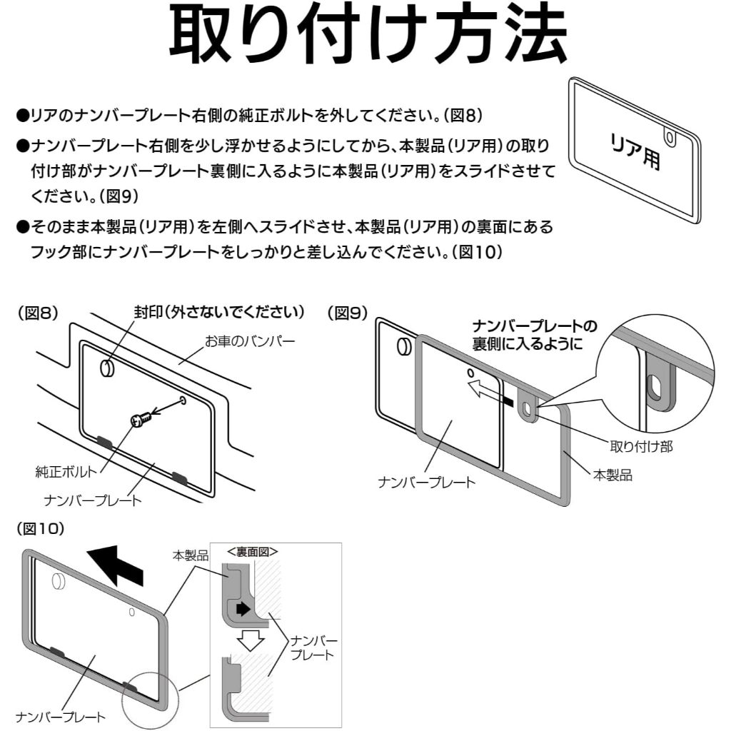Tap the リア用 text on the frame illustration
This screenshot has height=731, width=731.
pos(635,151)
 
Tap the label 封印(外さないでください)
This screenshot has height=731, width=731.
pos(219,313)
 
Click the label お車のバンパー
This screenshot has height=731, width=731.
pos(250,343)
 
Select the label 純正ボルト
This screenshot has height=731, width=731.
pos(66,473)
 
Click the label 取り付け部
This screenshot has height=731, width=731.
pos(640,447)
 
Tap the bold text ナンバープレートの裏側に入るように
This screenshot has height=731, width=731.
pos(535,335)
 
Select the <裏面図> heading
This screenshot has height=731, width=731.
pos(252,552)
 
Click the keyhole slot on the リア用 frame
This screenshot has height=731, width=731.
pos(669,136)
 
